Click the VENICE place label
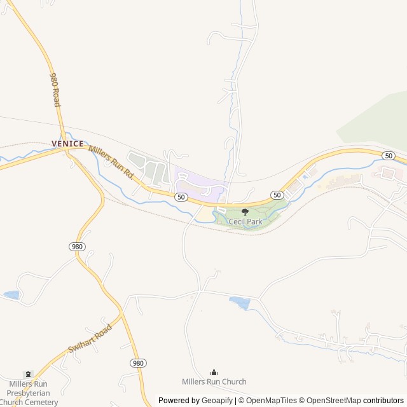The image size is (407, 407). point(68,144)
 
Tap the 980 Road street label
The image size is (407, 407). point(56,88)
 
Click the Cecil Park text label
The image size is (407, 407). point(245,222)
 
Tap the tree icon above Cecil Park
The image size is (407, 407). point(245,212)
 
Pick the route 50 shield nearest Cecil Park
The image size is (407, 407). point(277,195)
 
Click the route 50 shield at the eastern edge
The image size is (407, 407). point(389,156)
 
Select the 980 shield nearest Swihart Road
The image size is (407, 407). point(138,363)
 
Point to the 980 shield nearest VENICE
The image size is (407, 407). point(78,246)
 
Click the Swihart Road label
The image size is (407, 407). point(90,340)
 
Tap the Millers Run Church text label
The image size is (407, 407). point(214,382)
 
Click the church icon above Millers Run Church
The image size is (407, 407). point(214,372)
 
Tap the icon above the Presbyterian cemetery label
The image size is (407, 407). point(28,375)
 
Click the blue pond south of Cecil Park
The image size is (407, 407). point(240,303)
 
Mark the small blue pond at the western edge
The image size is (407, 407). point(11,295)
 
